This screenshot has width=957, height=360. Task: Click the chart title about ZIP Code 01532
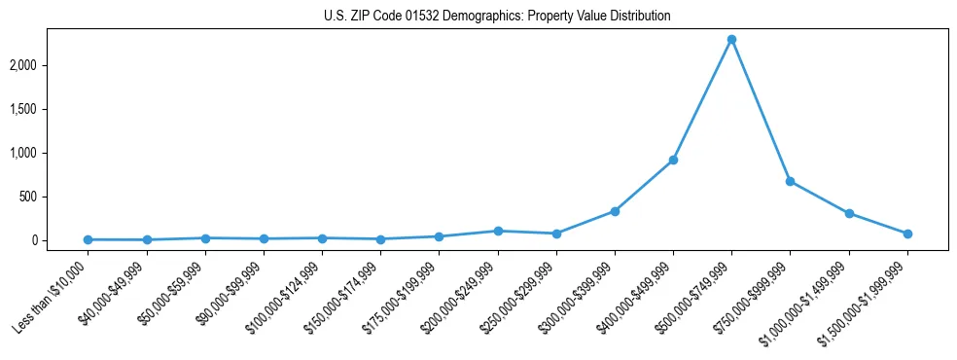click(x=497, y=17)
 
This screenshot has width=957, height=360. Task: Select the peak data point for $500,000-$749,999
click(x=731, y=39)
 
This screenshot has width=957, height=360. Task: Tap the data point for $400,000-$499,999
click(x=673, y=160)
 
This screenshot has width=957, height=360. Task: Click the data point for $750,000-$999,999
click(x=790, y=181)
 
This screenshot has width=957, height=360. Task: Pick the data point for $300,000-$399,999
click(x=615, y=211)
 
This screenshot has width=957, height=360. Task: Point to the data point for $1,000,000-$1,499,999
click(x=849, y=213)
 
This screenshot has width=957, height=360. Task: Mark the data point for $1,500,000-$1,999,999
click(x=907, y=234)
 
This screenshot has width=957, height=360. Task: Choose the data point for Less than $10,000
click(x=88, y=239)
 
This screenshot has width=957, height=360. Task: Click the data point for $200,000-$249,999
click(x=498, y=231)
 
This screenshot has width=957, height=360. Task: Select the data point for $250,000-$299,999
click(x=556, y=234)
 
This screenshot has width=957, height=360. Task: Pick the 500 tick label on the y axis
click(x=54, y=197)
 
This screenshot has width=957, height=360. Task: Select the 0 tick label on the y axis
click(x=60, y=240)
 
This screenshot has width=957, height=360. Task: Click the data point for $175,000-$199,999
click(x=440, y=236)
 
